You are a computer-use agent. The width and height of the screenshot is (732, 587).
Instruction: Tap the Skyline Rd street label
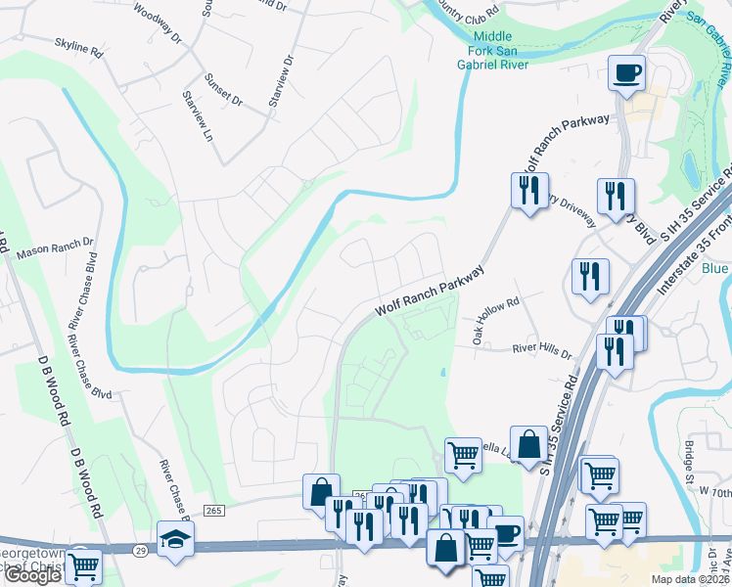click(79, 47)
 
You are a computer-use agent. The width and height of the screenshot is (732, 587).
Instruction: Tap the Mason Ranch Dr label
click(54, 246)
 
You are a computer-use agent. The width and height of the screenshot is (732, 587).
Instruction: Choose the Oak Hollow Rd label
click(495, 315)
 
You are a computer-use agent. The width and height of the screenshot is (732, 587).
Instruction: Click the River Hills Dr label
click(541, 348)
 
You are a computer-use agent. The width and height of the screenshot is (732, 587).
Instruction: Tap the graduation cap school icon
click(175, 538)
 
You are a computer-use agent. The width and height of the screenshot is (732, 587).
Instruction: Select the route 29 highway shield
click(142, 551)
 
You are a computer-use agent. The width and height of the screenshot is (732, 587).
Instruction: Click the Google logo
click(32, 575)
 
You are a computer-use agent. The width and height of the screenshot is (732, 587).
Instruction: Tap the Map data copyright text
click(689, 579)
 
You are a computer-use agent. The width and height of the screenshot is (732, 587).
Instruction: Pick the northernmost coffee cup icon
click(625, 72)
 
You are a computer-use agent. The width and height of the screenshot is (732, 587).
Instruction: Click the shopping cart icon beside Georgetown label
click(84, 564)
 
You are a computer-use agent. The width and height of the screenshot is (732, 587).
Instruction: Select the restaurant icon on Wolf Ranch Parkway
click(529, 189)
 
